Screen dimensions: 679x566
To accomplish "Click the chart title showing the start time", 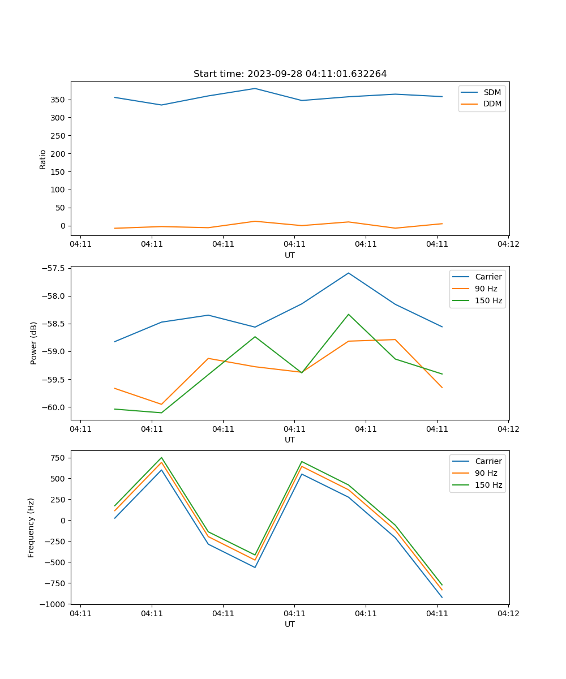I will (290, 74).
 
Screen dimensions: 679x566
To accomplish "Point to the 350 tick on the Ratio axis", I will (58, 100).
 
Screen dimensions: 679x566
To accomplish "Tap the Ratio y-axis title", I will (43, 159).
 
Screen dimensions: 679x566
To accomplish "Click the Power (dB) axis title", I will (34, 343).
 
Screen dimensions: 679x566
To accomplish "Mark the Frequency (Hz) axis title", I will (31, 527).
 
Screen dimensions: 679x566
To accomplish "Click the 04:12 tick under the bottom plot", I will (508, 613).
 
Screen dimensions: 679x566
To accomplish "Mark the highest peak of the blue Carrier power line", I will (349, 273).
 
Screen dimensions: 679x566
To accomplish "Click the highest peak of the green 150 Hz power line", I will (349, 314).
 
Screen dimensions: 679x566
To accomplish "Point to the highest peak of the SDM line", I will (255, 88).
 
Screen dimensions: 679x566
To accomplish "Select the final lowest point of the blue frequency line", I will (442, 597).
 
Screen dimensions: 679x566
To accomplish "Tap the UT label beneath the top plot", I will (290, 255).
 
